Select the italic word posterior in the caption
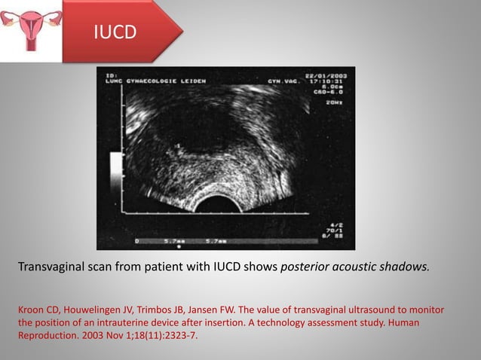306,265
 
